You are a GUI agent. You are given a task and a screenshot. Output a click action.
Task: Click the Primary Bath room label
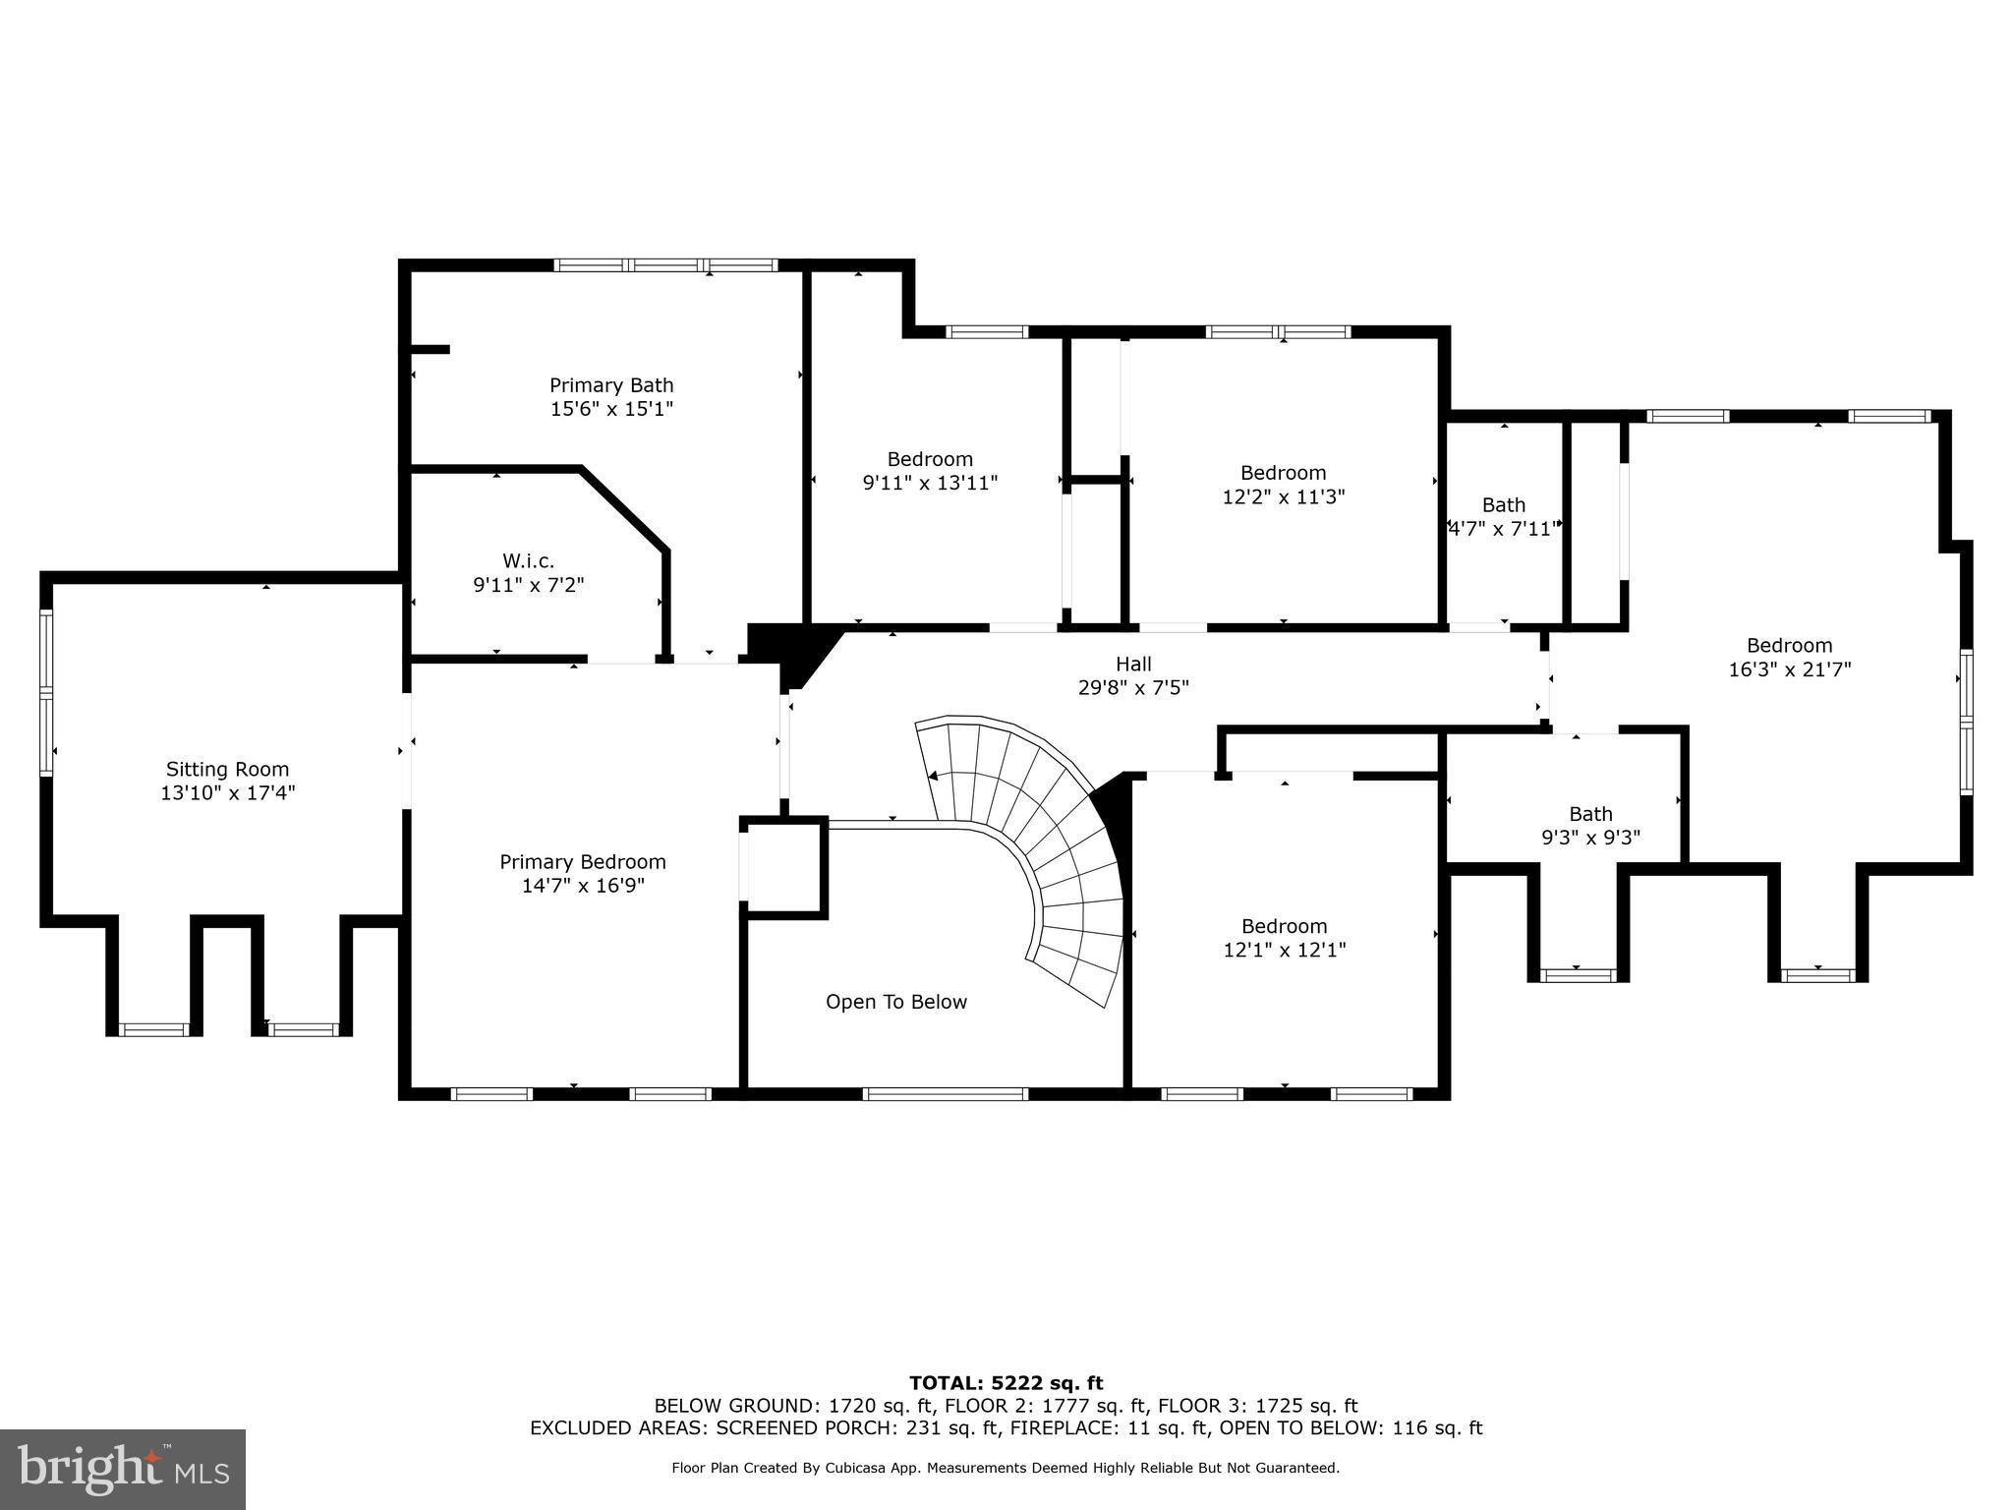pos(610,385)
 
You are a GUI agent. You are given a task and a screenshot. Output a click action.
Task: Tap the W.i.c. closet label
pos(528,561)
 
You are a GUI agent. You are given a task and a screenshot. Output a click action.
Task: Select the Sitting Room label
pos(227,770)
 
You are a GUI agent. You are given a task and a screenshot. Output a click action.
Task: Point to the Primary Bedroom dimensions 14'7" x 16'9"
pos(583,886)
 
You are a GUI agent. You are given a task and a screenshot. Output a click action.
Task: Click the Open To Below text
pos(895,1002)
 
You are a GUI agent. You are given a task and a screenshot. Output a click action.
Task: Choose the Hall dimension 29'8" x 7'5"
pos(1132,688)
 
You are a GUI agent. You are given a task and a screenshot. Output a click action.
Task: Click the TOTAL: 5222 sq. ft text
pos(1006,1384)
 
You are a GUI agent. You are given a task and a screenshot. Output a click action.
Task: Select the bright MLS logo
pos(123,1469)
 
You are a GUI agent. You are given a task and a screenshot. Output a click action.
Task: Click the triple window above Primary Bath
pos(665,265)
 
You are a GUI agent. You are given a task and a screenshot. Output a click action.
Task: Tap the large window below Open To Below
pos(946,1093)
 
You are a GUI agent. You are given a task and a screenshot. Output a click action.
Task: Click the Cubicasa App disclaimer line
pos(1006,1469)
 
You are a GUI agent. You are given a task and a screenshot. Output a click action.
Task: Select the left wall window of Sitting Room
pos(46,693)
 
